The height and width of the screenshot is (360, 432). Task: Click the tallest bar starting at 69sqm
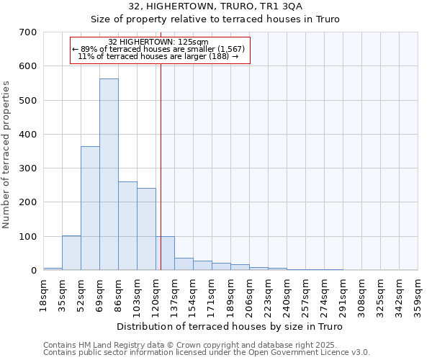coord(109,174)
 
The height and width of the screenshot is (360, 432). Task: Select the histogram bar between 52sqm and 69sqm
coord(90,208)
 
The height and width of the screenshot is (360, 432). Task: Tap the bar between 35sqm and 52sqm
coord(71,253)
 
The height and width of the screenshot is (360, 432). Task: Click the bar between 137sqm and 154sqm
coord(184,264)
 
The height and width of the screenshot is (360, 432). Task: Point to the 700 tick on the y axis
coord(28,32)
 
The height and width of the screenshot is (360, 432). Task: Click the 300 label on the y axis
coord(28,168)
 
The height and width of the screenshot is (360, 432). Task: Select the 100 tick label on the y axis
coord(28,237)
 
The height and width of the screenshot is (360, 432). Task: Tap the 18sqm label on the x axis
coord(44,294)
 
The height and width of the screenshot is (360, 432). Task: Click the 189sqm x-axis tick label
coord(231,296)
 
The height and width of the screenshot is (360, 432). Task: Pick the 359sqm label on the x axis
coord(418,296)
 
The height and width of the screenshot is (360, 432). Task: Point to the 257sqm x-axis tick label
coord(306,296)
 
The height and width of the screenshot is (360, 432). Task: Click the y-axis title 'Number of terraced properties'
coord(6,155)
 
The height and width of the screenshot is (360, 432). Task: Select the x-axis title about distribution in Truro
coord(230,326)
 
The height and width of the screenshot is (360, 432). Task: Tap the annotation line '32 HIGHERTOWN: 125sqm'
coord(158,42)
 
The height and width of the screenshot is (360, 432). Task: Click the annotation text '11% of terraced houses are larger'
coord(158,56)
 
